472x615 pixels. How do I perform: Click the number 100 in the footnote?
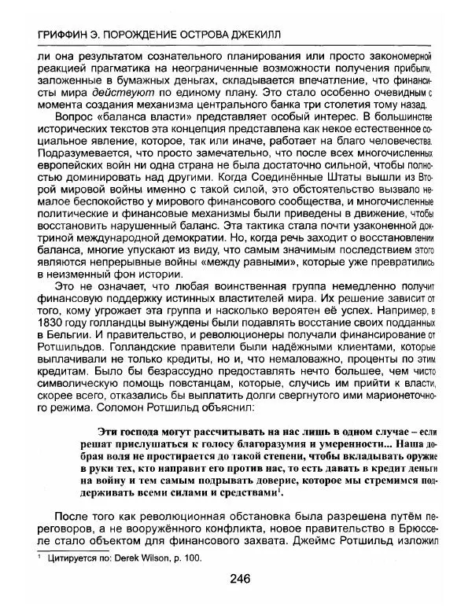tap(193, 558)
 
